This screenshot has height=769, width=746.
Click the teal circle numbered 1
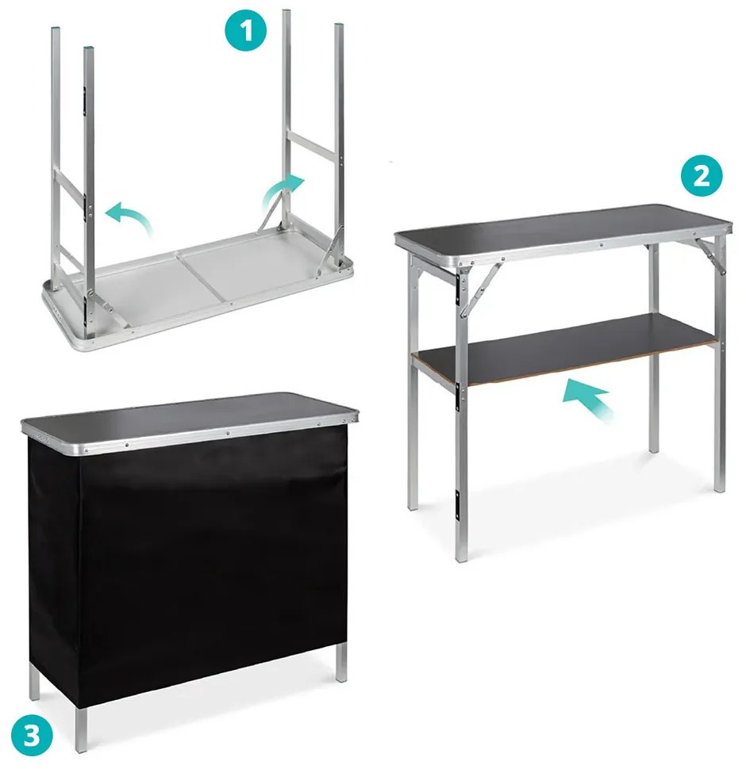tap(245, 30)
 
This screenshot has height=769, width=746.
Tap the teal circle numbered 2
tap(702, 175)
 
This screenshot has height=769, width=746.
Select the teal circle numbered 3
tap(32, 736)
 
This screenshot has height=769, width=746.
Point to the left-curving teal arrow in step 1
tap(129, 216)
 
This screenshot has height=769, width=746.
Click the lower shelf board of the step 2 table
tap(564, 348)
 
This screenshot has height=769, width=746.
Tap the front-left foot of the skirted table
tap(81, 730)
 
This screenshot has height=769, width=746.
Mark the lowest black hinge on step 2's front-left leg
tap(457, 505)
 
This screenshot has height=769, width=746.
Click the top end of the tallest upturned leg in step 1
tap(286, 11)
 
